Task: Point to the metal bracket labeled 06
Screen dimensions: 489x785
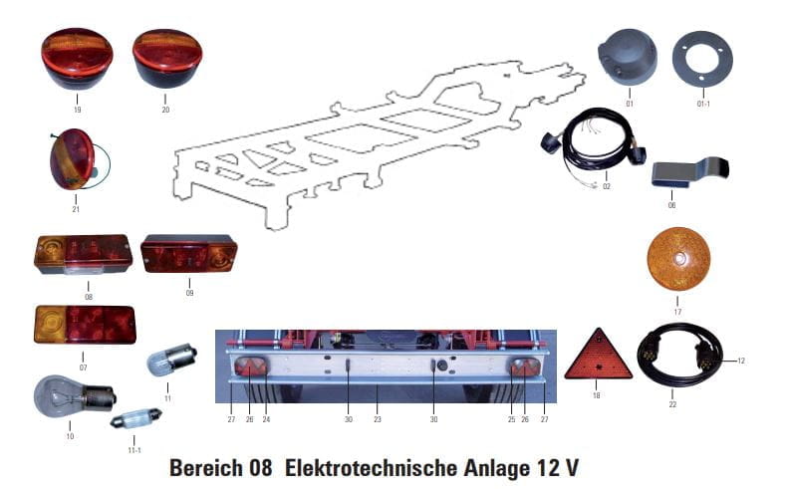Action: [x=688, y=170]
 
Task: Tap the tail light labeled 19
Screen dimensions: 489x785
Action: [x=77, y=59]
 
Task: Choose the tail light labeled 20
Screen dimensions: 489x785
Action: [x=166, y=59]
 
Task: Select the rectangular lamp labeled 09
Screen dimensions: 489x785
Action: [x=188, y=253]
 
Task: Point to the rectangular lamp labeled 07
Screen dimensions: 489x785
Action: [x=85, y=325]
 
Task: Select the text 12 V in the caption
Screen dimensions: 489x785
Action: [x=558, y=466]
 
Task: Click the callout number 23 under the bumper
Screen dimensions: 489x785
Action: [x=379, y=420]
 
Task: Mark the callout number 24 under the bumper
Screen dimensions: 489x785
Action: [x=266, y=420]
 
